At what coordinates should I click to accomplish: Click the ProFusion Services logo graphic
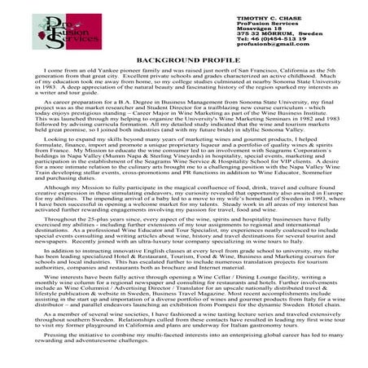[42, 31]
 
